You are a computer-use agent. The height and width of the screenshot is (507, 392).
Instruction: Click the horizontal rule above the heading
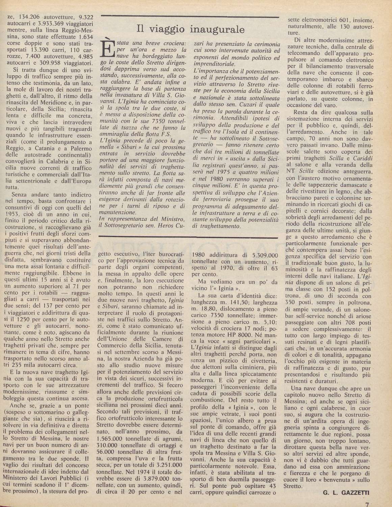[x=191, y=16]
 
